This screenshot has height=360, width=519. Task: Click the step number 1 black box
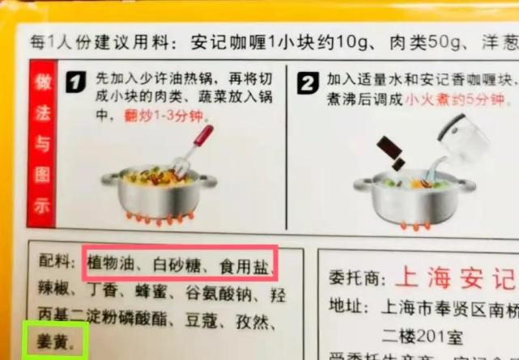(76, 83)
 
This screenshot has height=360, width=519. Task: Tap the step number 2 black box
(308, 83)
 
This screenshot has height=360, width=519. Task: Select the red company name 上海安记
(454, 277)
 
